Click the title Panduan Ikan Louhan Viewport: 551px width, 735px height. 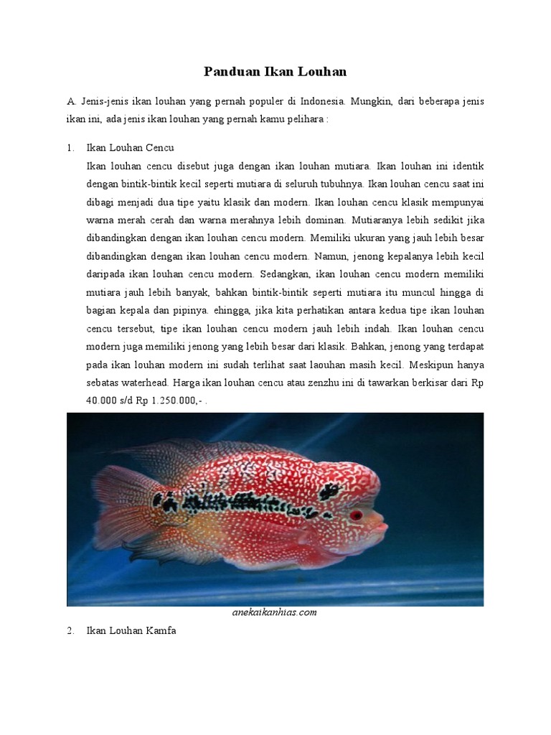pos(275,71)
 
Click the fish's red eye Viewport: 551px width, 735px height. pos(356,515)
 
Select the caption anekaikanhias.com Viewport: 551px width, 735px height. pos(275,612)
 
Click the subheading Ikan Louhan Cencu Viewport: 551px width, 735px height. pos(130,148)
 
